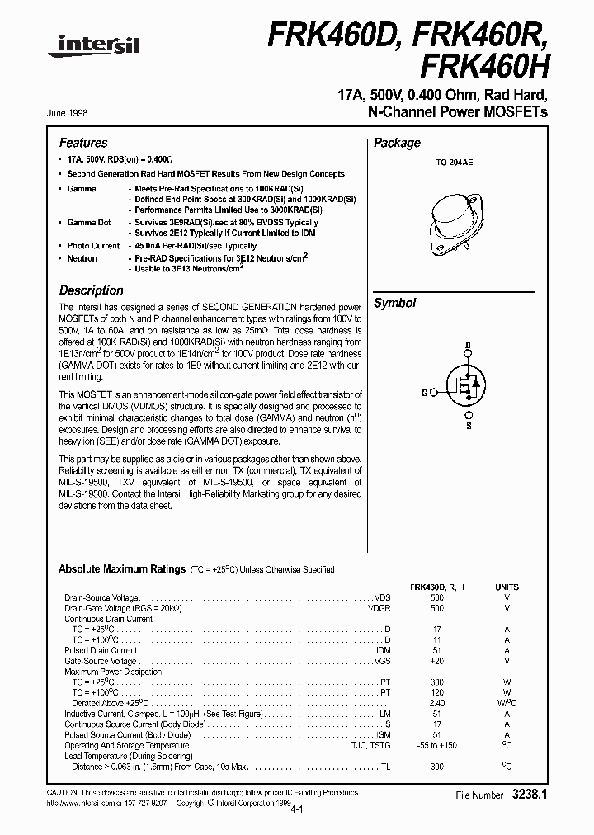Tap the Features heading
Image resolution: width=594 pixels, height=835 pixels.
coord(83,144)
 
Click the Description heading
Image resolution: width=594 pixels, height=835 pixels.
coord(91,290)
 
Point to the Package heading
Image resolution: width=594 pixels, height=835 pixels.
coord(397,144)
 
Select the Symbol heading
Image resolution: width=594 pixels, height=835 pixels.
coord(395,303)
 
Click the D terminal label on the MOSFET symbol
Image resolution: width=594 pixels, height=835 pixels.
coord(468,346)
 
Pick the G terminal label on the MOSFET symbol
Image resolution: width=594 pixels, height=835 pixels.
coord(424,394)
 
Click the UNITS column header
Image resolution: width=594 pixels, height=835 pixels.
coord(507,587)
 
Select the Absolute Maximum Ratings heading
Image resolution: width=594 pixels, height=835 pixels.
coord(121,570)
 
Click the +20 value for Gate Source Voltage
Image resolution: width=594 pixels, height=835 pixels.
coord(436,661)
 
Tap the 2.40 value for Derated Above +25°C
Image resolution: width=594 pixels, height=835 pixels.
coord(436,703)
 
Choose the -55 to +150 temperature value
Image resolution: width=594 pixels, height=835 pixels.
coord(436,745)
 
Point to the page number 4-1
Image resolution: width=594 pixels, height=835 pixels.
coord(296,809)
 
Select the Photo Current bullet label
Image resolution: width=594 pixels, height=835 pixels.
coord(93,246)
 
